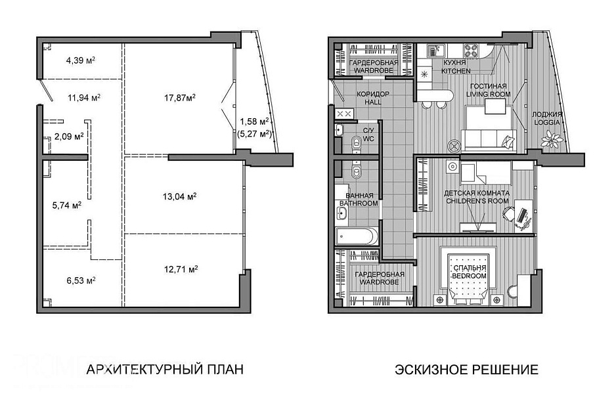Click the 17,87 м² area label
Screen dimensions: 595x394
coord(180,98)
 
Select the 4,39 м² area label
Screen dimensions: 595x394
coord(80,60)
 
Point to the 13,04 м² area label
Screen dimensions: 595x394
coord(179,196)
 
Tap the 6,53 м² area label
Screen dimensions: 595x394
coord(81,281)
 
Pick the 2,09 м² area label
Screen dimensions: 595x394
coord(69,137)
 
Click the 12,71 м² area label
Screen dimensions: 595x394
coord(181,269)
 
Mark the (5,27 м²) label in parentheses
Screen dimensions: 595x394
coord(254,133)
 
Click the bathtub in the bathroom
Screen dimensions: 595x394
coord(357,236)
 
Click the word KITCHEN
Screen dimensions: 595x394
coord(456,71)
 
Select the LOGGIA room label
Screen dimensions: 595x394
coord(547,122)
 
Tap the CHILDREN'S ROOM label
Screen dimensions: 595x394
coord(477,201)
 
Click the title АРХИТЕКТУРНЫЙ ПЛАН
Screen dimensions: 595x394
coord(165,369)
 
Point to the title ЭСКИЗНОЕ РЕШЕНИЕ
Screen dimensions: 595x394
coord(466,369)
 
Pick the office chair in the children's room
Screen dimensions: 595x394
coord(510,213)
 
